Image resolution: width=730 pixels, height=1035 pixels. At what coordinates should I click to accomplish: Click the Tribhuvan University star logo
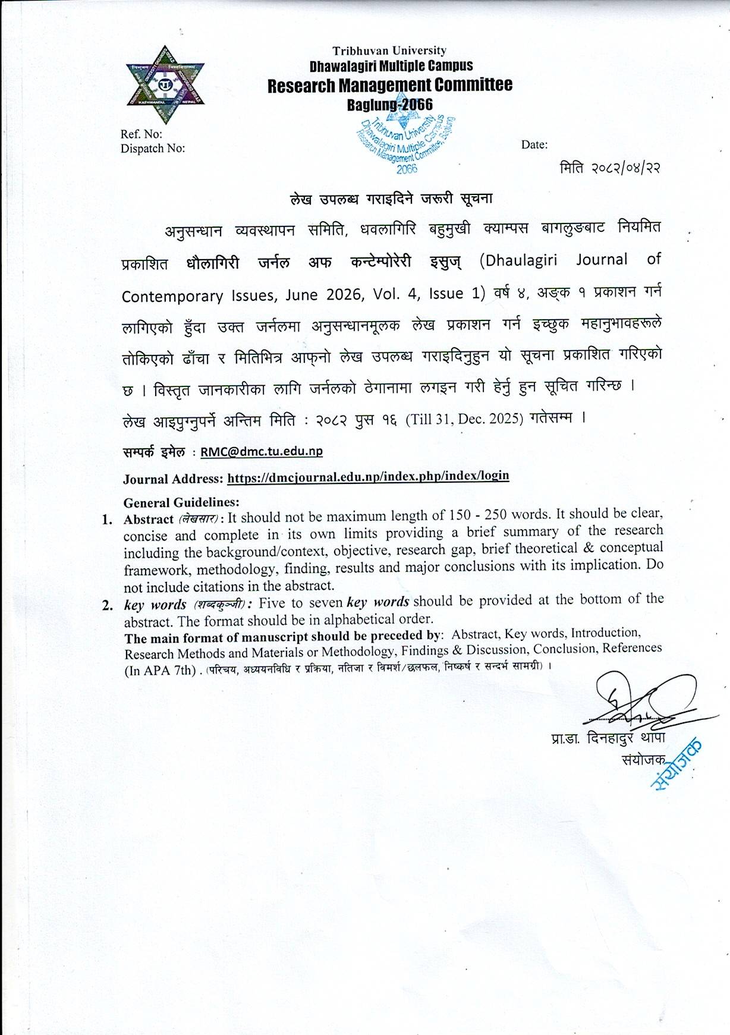pos(165,84)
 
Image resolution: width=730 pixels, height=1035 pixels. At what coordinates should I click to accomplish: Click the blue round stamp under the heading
pos(407,143)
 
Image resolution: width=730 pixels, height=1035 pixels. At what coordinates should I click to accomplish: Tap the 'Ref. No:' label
pos(141,134)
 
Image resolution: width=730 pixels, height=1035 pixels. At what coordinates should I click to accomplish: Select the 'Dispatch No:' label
pos(153,149)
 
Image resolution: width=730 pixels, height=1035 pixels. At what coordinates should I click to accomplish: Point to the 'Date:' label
pos(534,144)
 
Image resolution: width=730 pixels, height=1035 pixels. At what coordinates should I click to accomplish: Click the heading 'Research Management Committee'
pos(389,86)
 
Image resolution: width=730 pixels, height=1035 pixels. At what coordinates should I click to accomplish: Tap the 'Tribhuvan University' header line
pos(389,51)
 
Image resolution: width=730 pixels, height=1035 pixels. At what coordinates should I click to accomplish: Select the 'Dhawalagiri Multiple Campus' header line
pos(391,65)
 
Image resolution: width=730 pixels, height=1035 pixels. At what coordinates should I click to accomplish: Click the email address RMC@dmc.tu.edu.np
pos(262,451)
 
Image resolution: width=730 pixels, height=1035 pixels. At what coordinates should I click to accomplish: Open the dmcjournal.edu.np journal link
pos(368,476)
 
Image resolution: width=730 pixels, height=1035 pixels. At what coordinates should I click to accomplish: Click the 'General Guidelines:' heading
pos(181,502)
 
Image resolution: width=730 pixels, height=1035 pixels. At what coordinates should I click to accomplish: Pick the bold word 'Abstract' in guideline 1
pos(148,519)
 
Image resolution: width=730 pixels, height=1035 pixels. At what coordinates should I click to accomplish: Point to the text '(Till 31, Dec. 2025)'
pos(464,420)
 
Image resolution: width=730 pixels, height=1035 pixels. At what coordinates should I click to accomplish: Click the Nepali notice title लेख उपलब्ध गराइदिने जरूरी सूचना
pos(392,199)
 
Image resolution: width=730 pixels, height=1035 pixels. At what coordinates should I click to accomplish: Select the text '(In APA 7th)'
pos(160,671)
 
